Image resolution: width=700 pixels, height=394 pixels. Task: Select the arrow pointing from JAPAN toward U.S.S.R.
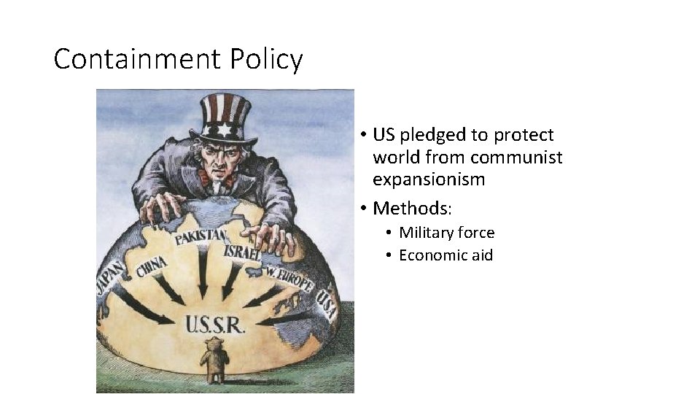pyautogui.click(x=142, y=306)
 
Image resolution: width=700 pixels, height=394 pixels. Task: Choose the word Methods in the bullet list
pyautogui.click(x=412, y=208)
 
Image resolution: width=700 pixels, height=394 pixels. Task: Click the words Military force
pyautogui.click(x=446, y=233)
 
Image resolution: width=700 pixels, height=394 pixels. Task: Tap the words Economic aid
pyautogui.click(x=446, y=255)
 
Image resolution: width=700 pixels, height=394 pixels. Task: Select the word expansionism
pyautogui.click(x=429, y=179)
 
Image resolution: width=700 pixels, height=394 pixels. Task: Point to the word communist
pyautogui.click(x=516, y=157)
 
